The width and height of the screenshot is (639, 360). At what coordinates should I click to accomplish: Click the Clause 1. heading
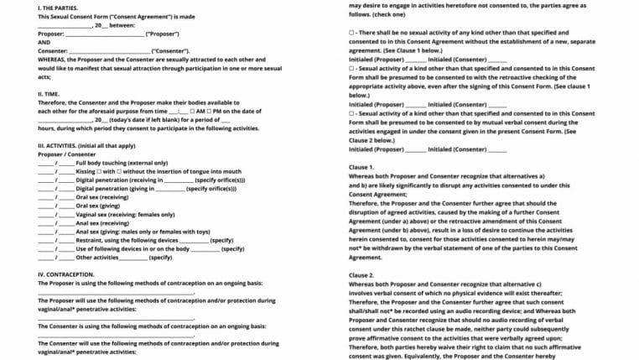361,167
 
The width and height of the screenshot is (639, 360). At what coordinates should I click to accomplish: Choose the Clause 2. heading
361,275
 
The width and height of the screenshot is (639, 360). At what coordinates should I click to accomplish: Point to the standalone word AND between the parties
44,43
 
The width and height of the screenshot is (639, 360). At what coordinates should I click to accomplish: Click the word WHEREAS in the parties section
52,60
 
